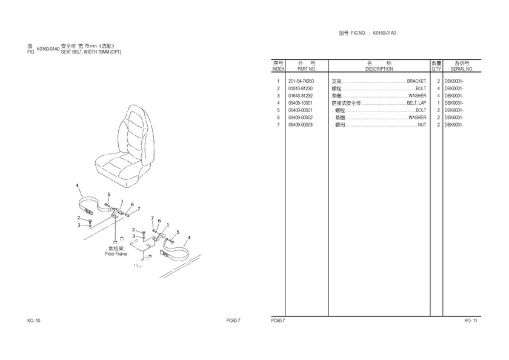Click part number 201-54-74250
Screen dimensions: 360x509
pos(301,81)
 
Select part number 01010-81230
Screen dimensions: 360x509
pos(301,88)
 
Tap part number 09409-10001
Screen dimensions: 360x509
pos(301,103)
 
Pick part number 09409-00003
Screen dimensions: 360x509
pos(301,125)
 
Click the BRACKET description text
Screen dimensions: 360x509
pos(416,81)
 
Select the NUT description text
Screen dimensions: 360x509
pos(422,125)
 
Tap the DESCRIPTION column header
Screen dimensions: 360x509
pos(379,69)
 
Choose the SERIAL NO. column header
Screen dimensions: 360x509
pos(462,69)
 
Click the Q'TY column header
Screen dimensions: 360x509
pos(436,69)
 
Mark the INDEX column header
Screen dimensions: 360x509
pos(278,69)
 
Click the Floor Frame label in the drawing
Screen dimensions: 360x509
pos(116,254)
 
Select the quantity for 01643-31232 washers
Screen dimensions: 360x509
pos(437,96)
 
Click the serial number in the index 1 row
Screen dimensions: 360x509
pos(454,81)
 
